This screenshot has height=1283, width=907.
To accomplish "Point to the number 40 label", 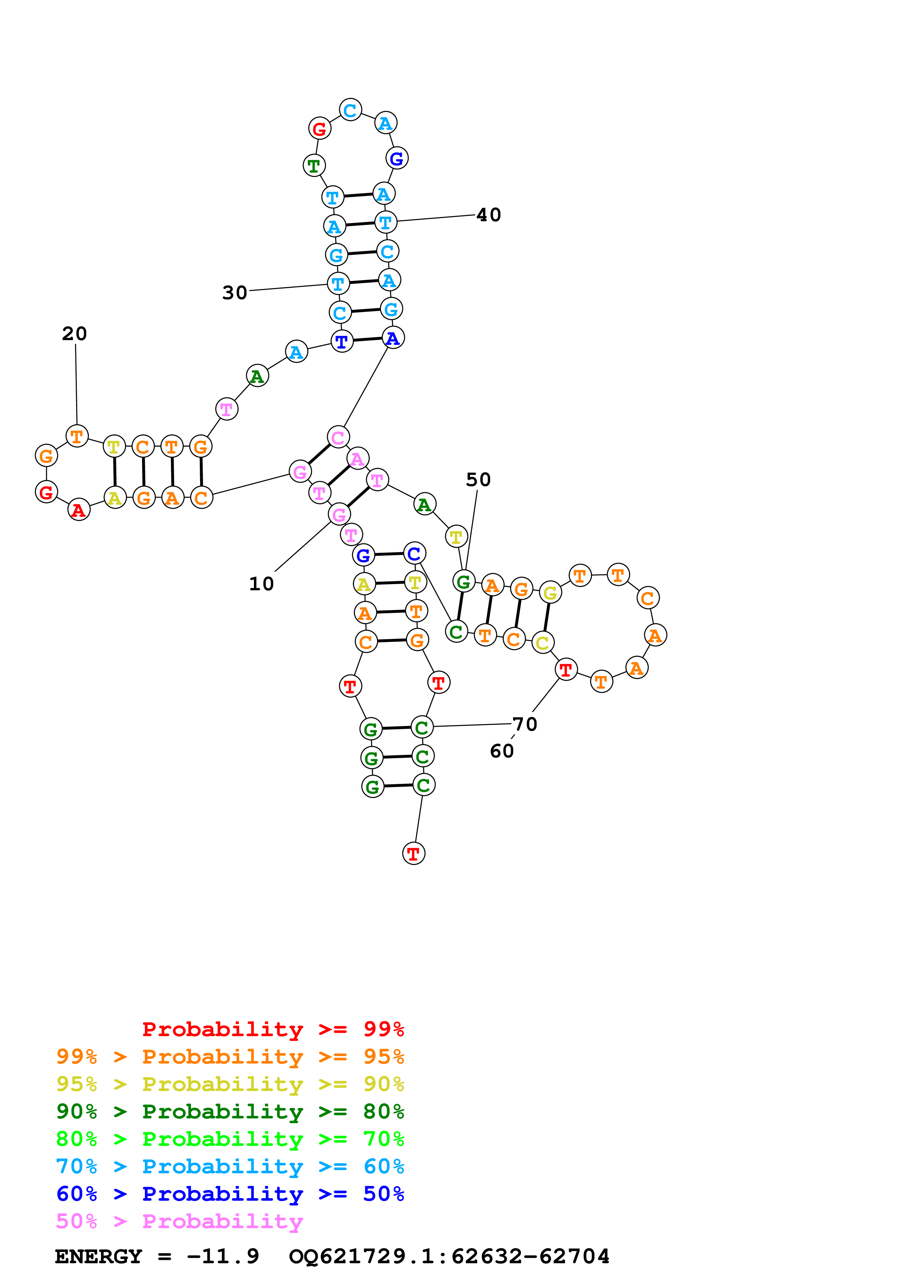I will [x=488, y=215].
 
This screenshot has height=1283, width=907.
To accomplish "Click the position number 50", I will [x=478, y=479].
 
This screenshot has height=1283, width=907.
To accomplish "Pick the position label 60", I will [x=501, y=751].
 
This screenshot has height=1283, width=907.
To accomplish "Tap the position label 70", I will [x=525, y=724].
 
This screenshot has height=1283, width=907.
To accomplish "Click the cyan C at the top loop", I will [x=351, y=110].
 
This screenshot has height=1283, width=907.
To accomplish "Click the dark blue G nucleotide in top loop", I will [x=397, y=159].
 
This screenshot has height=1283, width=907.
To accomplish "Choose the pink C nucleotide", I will [x=338, y=437].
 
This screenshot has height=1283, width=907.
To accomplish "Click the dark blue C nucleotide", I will [x=415, y=553].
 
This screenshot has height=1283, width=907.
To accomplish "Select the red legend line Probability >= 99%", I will [x=273, y=1029].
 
